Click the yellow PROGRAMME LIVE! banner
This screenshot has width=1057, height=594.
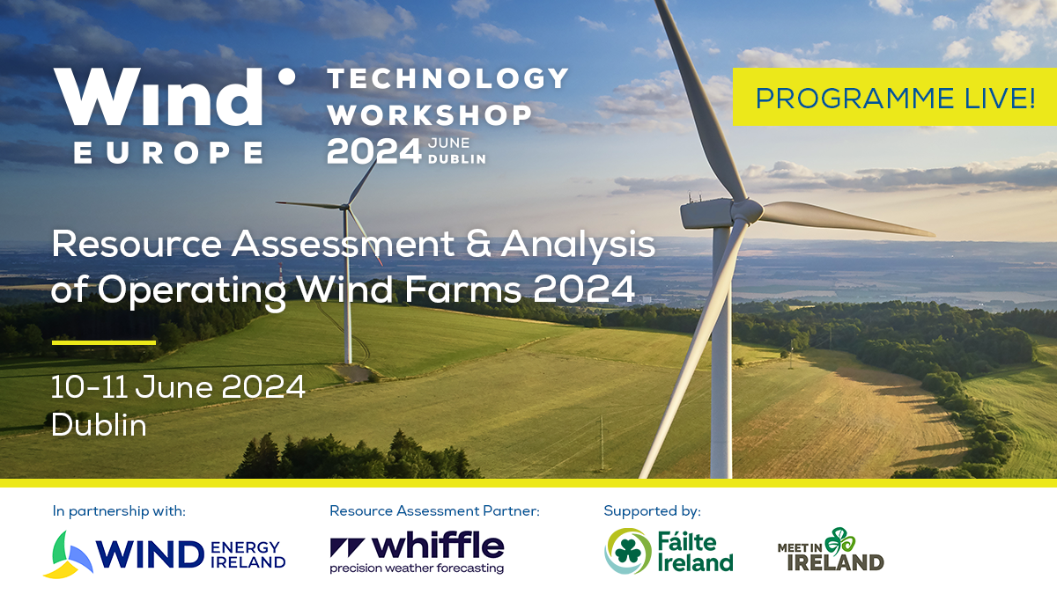click(x=894, y=98)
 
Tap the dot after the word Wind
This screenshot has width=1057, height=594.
click(x=285, y=77)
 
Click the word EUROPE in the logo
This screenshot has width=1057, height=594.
click(x=168, y=152)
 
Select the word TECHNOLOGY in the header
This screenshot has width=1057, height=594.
click(x=448, y=78)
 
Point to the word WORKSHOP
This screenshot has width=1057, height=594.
click(x=430, y=114)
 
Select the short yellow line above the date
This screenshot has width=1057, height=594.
click(x=104, y=341)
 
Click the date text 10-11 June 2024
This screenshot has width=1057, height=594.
click(x=178, y=386)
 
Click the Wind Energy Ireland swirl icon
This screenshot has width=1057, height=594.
click(x=68, y=554)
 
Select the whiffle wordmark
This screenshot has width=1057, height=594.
click(x=417, y=546)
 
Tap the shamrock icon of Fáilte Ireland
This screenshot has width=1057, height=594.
click(x=628, y=550)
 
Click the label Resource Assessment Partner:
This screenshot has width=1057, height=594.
click(x=434, y=510)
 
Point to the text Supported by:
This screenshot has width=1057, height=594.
click(x=652, y=510)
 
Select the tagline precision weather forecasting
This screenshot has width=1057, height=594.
click(x=417, y=568)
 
